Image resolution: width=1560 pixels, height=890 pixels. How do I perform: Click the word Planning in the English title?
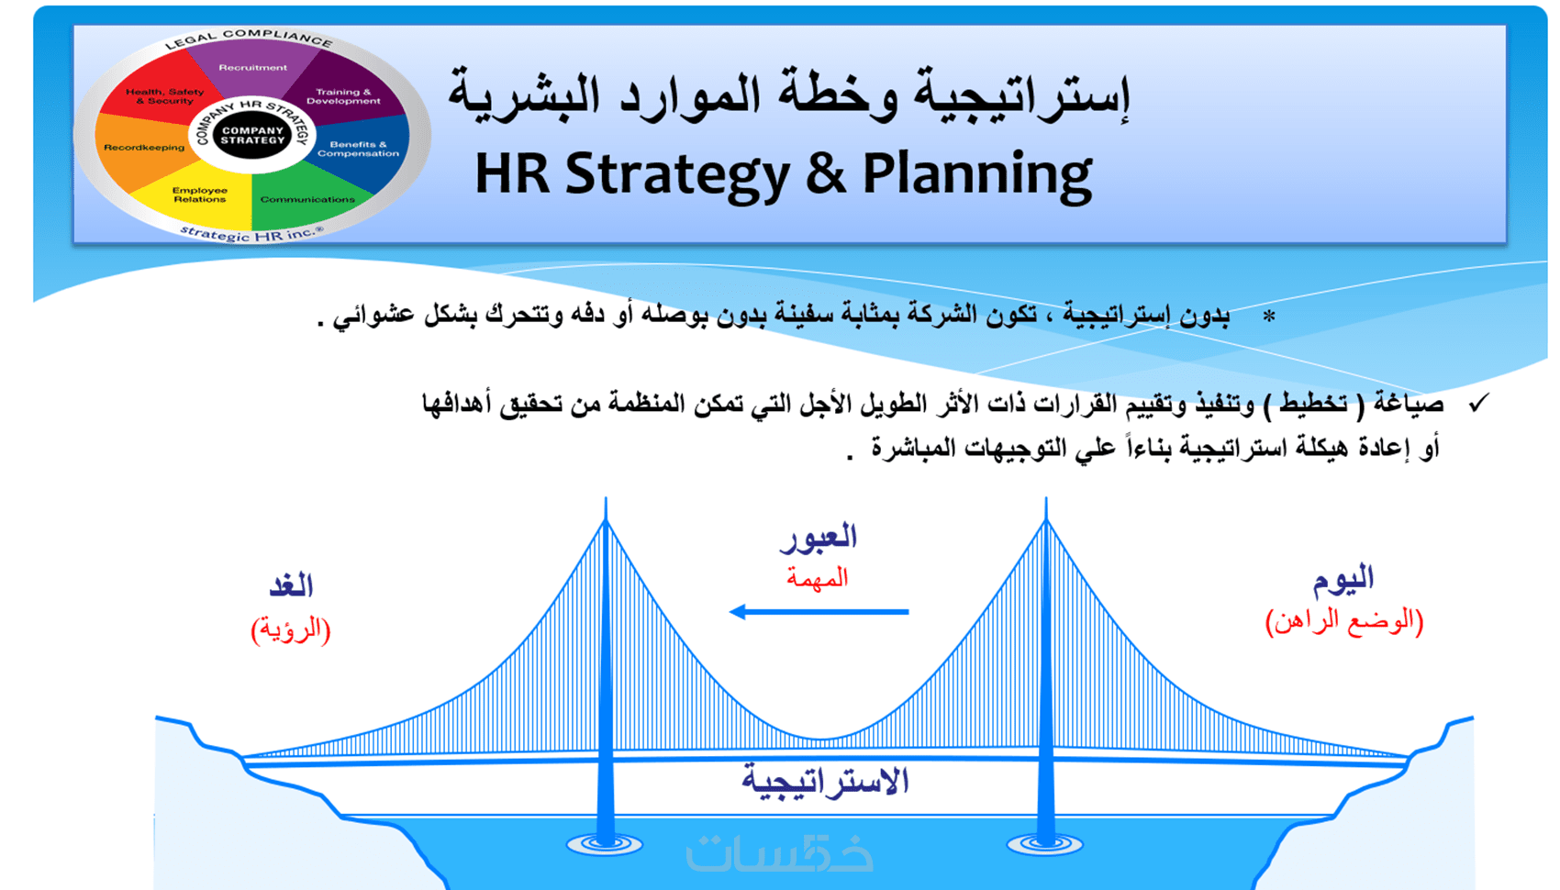[977, 175]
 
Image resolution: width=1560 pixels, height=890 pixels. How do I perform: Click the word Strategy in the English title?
[677, 175]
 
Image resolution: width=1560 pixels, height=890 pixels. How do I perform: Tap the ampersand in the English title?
[826, 172]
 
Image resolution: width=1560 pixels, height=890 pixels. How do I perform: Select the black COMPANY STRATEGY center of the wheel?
[252, 135]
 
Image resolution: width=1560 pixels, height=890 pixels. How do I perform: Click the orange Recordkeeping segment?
[143, 148]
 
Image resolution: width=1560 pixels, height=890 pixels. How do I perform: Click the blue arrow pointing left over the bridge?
[819, 612]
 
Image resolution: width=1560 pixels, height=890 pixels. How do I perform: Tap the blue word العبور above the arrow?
[818, 538]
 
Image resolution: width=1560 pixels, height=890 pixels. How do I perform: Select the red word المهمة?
[817, 577]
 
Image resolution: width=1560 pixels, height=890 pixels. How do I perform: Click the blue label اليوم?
[1343, 579]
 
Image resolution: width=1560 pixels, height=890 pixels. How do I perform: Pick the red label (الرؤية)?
[290, 629]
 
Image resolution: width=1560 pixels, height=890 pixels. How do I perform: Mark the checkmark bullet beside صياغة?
[1478, 403]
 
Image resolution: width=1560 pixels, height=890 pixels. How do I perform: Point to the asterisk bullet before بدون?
[1269, 317]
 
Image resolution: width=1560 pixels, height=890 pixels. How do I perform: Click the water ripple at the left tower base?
[605, 845]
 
